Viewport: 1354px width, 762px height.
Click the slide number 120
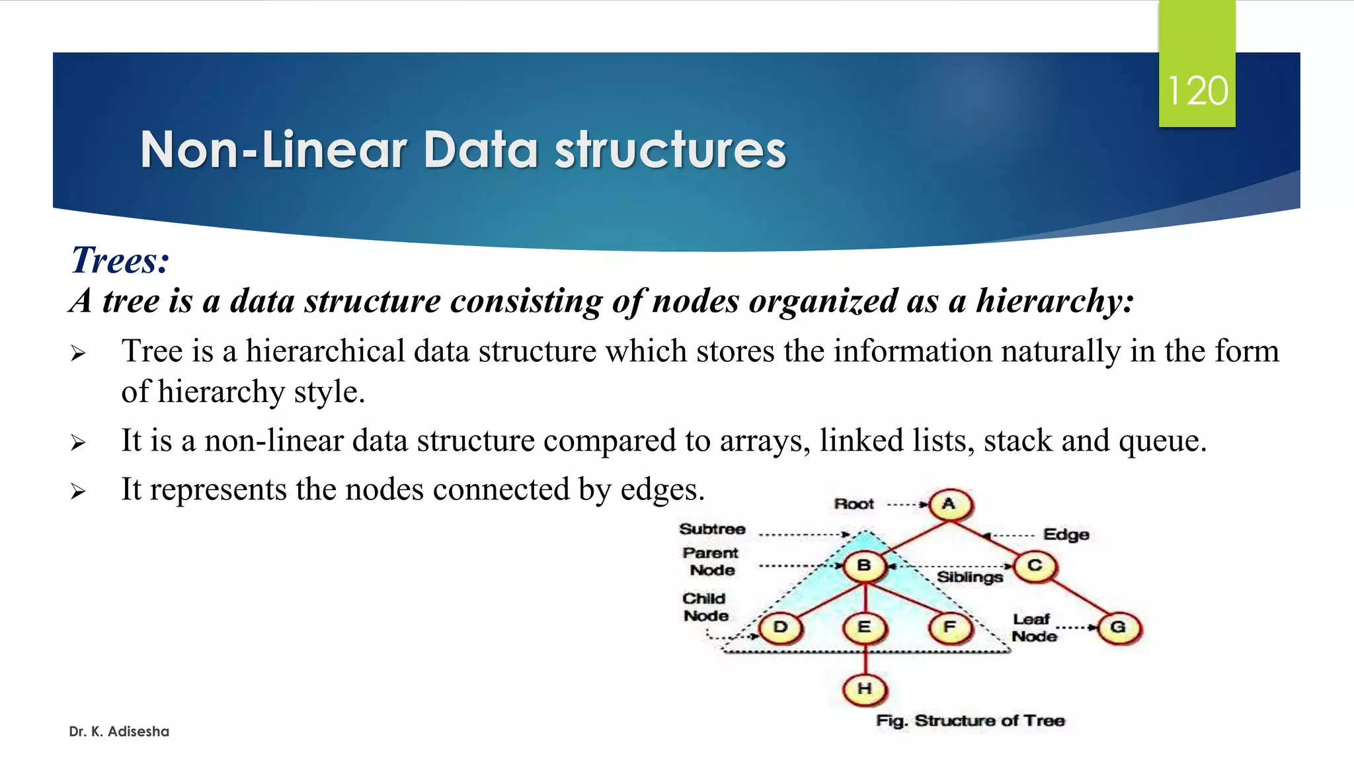tap(1197, 91)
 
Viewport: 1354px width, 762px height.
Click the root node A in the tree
tap(950, 505)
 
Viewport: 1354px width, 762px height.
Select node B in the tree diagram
tap(864, 566)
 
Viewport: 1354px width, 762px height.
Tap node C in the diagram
tap(1035, 566)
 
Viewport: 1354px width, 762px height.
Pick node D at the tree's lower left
tap(780, 628)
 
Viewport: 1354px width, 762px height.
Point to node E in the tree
tap(864, 628)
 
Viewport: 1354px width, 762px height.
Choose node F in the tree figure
tap(950, 628)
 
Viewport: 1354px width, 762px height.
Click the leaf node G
tap(1119, 628)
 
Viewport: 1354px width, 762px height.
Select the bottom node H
tap(864, 689)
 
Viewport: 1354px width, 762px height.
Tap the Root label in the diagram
tap(854, 504)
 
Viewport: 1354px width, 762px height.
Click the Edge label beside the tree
tap(1066, 534)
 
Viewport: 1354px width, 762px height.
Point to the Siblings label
tap(969, 577)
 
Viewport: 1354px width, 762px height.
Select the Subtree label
tap(712, 529)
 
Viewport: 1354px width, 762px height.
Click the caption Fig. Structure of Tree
tap(970, 720)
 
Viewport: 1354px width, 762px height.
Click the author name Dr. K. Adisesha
tap(119, 732)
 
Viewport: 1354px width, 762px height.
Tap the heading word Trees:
tap(120, 260)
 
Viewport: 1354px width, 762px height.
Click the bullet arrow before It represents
tap(78, 491)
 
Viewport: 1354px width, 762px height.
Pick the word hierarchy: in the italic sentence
tap(1055, 301)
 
